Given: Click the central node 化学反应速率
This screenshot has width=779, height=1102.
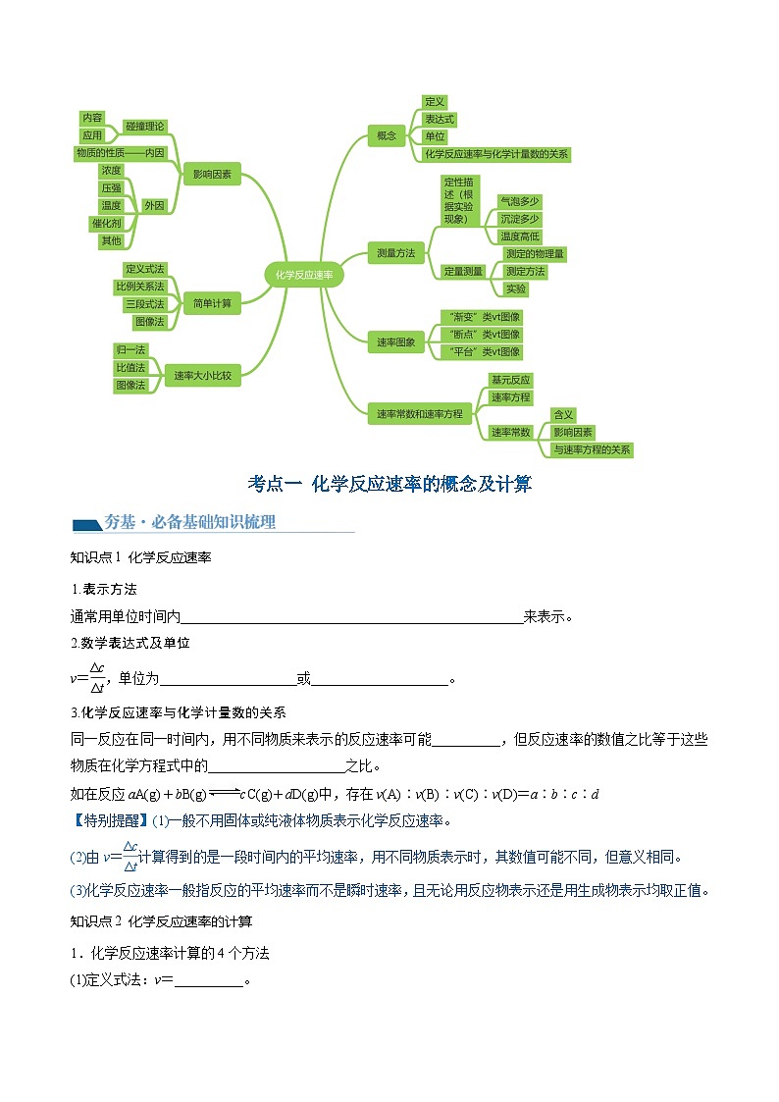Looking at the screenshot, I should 304,276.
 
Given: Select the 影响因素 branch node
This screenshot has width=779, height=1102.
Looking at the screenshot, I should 212,175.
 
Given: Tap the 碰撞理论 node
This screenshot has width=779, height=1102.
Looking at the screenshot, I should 145,127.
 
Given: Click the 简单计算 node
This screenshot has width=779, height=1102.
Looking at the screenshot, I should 212,303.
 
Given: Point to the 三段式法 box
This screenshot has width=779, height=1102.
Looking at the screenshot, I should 144,304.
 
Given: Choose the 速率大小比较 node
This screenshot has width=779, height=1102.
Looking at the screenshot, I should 203,375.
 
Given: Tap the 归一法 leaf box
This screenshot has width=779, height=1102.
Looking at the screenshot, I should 130,349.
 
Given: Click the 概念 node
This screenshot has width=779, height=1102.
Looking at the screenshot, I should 386,135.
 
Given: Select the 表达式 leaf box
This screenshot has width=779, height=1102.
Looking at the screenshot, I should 439,119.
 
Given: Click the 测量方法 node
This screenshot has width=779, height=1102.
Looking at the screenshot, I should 395,253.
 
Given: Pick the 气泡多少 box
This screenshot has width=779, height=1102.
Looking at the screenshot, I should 519,200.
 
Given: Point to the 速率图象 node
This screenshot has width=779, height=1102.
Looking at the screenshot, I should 395,342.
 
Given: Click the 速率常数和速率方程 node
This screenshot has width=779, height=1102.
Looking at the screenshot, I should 419,414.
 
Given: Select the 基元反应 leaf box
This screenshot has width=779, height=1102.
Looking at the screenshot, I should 510,380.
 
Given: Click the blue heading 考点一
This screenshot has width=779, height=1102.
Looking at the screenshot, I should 276,484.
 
